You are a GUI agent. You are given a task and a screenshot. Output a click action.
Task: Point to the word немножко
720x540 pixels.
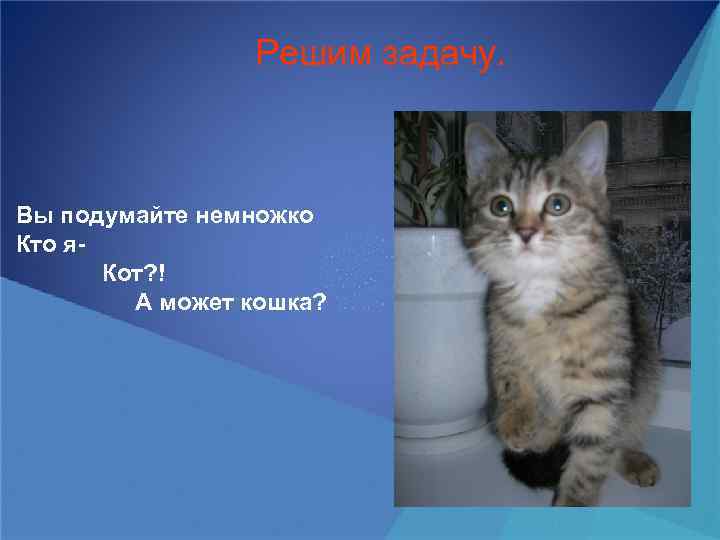[x=256, y=215]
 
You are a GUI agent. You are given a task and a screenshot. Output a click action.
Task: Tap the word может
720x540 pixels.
[x=198, y=301]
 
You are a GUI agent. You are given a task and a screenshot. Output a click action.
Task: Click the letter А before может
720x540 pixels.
[x=143, y=301]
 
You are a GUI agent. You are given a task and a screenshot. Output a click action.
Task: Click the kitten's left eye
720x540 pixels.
[x=501, y=206]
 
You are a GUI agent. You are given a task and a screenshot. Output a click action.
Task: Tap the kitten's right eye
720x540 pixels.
[x=558, y=204]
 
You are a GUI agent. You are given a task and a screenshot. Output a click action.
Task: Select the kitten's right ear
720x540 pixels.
[x=591, y=145]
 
